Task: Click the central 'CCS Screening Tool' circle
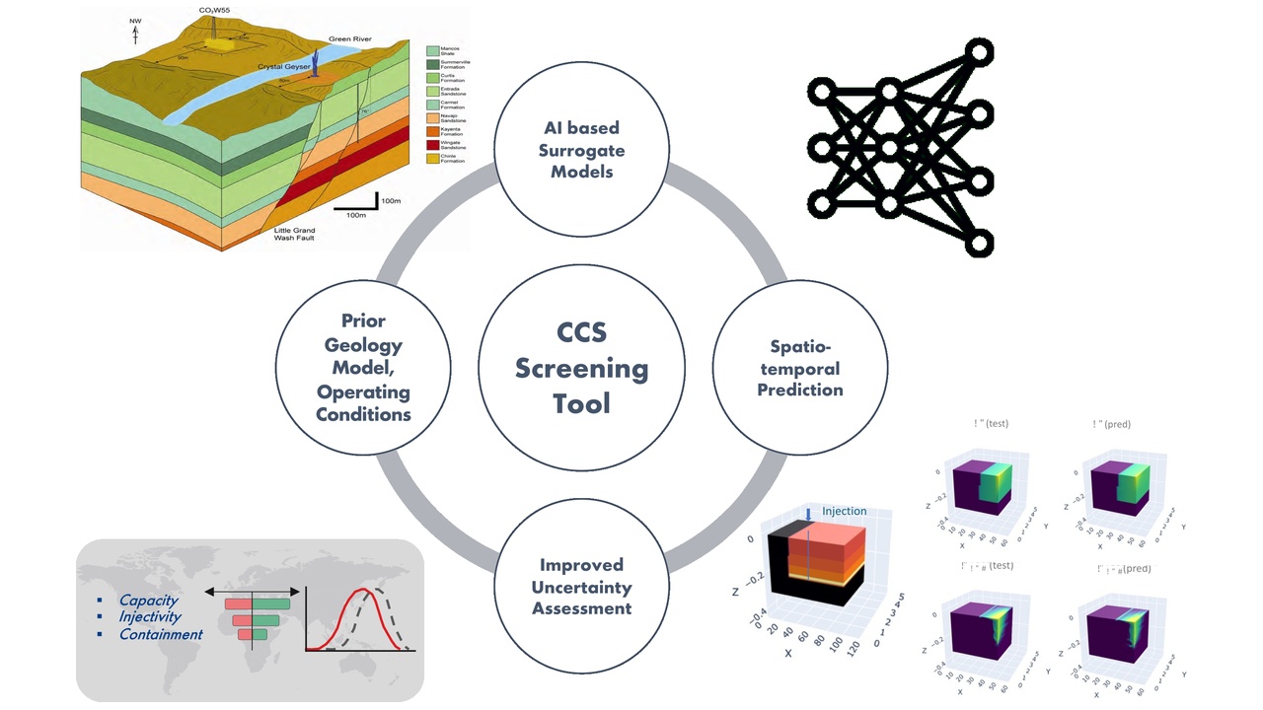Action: (x=581, y=369)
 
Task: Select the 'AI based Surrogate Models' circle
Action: (x=581, y=150)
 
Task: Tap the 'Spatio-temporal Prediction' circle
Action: (x=799, y=369)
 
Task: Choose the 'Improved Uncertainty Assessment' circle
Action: (x=581, y=587)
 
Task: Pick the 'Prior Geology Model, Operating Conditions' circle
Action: (x=363, y=367)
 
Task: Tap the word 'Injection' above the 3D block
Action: (x=844, y=511)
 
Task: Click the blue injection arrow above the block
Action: (x=807, y=513)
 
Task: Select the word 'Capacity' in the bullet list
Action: (x=149, y=601)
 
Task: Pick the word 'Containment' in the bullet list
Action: (x=161, y=634)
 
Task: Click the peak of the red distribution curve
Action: (x=366, y=592)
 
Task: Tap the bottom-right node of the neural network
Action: (x=978, y=242)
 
